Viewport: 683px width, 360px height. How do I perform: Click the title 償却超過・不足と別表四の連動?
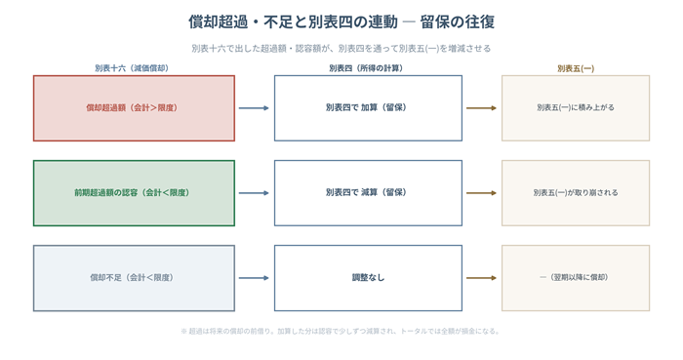293,21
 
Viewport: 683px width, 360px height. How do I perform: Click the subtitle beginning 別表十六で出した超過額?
341,49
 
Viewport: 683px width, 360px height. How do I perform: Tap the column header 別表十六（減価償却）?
132,68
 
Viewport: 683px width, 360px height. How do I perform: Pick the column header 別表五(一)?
576,68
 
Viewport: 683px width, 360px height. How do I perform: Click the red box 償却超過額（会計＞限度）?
135,108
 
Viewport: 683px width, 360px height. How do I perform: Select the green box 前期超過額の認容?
135,193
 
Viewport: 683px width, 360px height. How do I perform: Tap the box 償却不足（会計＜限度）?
135,278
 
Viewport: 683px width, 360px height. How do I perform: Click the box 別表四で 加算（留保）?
368,108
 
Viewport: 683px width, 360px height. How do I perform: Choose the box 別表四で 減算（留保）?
368,193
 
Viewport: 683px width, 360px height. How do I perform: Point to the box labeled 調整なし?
368,278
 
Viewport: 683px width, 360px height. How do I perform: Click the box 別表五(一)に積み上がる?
576,108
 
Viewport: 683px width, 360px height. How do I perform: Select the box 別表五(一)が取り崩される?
576,193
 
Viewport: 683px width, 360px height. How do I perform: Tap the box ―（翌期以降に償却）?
576,278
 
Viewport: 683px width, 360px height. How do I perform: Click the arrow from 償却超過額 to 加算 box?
254,108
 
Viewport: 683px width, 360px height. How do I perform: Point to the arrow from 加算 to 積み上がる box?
481,108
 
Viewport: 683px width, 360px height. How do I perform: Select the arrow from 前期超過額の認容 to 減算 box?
254,193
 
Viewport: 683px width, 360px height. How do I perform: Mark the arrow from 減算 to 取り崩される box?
481,193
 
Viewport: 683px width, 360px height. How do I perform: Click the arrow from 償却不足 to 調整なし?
254,278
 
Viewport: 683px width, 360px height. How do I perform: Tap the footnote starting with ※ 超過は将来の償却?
341,332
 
